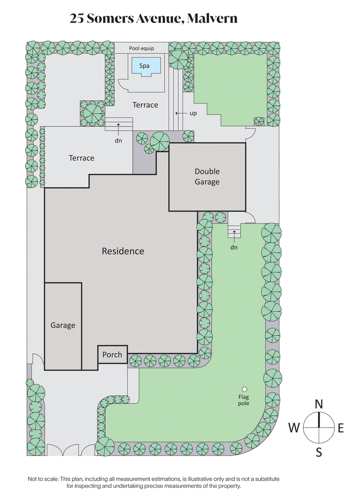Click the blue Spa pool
(x=145, y=66)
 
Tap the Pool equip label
(x=141, y=48)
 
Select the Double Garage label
(x=207, y=176)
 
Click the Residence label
(x=123, y=251)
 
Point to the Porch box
(x=112, y=355)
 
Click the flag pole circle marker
(x=244, y=389)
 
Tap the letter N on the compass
(x=319, y=404)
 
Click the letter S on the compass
(x=319, y=452)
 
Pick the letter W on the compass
(x=294, y=428)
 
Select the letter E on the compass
(x=341, y=428)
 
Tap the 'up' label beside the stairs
(x=193, y=113)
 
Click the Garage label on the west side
(x=63, y=325)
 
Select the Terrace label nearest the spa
(x=145, y=105)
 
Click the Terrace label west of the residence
(x=81, y=158)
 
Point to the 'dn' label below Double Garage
(x=234, y=247)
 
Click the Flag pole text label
(x=244, y=400)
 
